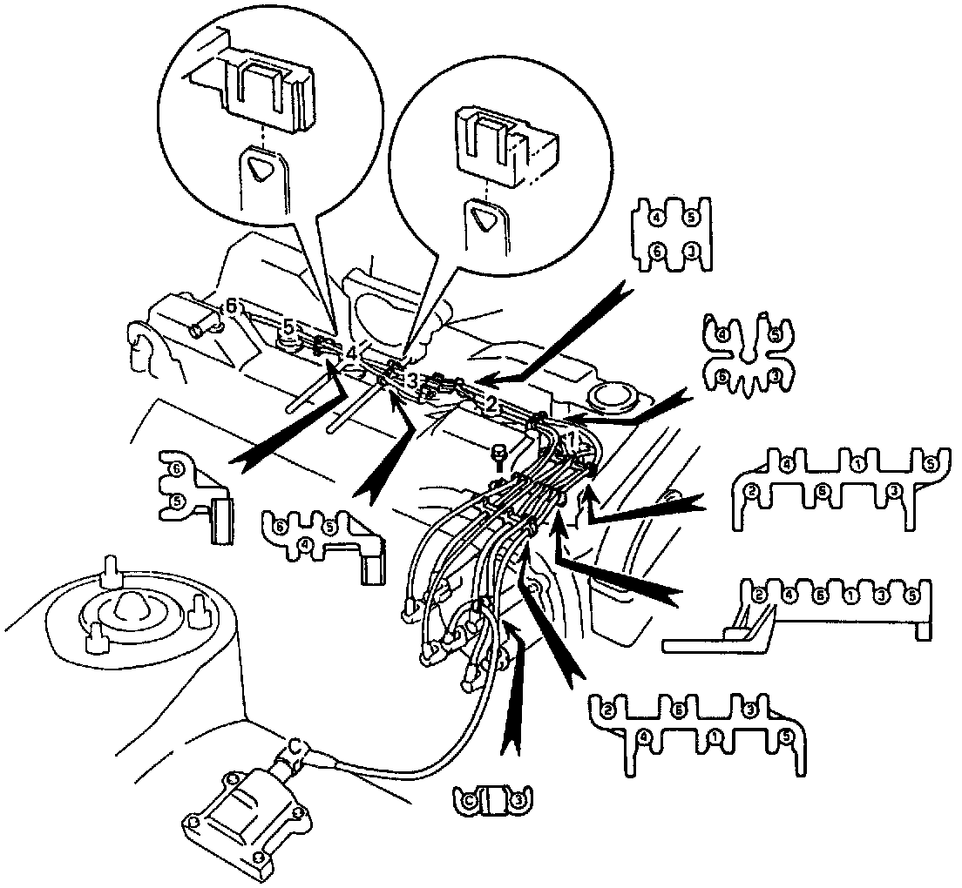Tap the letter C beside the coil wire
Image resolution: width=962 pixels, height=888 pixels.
click(297, 746)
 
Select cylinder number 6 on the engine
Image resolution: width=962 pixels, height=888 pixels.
click(231, 306)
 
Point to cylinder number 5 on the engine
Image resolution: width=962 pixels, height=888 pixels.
click(289, 327)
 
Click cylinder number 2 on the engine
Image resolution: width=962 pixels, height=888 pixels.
click(491, 403)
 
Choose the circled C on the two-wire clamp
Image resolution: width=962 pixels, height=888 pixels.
click(468, 798)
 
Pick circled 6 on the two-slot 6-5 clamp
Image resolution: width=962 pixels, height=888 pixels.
click(177, 468)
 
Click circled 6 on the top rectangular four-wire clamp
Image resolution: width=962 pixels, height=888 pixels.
click(660, 251)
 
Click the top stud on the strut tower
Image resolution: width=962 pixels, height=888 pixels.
click(112, 568)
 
